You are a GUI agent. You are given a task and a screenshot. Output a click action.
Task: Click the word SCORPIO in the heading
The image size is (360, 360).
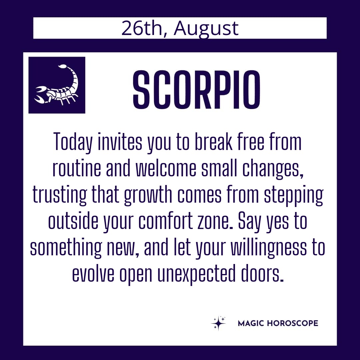tap(196, 90)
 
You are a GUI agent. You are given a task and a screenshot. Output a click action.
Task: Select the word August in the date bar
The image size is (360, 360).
tap(206, 29)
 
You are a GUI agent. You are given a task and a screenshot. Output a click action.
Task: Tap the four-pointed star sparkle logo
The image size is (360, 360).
tap(218, 323)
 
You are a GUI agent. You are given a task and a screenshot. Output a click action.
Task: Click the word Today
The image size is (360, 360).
tap(73, 142)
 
